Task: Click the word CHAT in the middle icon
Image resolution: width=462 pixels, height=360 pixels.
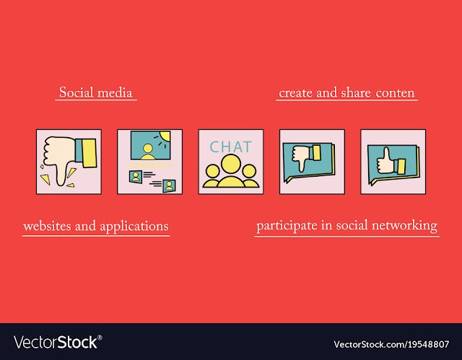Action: tap(231, 146)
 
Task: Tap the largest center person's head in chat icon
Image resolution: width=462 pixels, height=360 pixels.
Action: tap(231, 164)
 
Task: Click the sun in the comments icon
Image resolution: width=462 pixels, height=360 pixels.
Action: tap(164, 136)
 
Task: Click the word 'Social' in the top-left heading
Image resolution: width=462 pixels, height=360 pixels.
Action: tap(77, 92)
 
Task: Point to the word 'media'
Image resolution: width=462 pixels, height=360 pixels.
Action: tap(115, 93)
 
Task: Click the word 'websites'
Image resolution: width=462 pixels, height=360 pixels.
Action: tap(47, 226)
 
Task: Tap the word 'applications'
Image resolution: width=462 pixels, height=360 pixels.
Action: tap(134, 227)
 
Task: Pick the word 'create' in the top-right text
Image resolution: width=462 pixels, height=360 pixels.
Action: tap(295, 93)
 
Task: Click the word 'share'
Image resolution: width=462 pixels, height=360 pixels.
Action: tap(356, 93)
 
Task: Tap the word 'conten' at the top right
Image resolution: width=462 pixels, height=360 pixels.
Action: tap(395, 93)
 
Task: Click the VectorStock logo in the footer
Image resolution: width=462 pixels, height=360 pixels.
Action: tap(58, 343)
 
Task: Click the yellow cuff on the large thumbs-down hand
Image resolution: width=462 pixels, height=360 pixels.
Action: tap(89, 153)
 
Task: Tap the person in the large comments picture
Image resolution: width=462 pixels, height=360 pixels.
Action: tap(147, 152)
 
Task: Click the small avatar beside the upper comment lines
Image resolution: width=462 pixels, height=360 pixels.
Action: tap(136, 177)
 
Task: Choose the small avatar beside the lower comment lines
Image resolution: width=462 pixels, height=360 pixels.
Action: tap(169, 185)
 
